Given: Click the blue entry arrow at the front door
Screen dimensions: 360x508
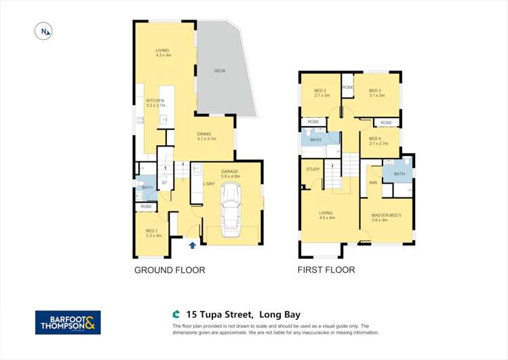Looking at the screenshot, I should [x=192, y=245].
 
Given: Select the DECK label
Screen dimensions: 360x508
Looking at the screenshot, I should [x=220, y=71].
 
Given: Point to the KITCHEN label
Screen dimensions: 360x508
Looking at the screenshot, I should [x=155, y=100].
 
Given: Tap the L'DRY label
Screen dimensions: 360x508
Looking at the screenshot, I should [x=209, y=184].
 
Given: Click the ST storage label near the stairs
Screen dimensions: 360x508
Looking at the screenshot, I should [x=164, y=182].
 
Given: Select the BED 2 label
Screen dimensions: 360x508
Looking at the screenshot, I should [x=321, y=91].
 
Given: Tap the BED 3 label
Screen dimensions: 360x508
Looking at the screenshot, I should [x=376, y=91].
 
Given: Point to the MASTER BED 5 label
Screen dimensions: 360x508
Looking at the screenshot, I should [x=386, y=215].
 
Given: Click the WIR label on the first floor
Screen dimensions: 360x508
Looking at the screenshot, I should [x=372, y=182].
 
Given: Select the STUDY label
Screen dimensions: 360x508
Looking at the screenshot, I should [x=313, y=169].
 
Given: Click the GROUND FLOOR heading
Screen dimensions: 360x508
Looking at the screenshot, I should [x=170, y=270].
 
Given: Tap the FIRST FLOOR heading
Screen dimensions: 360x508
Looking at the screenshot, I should [x=326, y=270].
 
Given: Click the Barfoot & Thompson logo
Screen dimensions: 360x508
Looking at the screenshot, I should [x=68, y=323].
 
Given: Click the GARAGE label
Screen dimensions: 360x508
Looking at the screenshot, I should [x=231, y=173].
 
